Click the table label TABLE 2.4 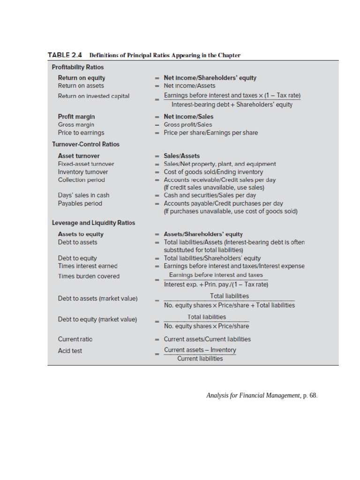(65, 55)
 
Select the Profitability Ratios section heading (78, 67)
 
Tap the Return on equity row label (82, 78)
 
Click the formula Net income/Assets (189, 86)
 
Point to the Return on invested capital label (94, 96)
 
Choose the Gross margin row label (76, 125)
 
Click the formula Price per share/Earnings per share (210, 133)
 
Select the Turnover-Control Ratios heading (86, 144)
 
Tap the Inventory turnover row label (83, 172)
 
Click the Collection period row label (81, 180)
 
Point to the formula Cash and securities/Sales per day (210, 195)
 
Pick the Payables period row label (80, 203)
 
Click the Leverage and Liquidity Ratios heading (93, 223)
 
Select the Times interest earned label (88, 266)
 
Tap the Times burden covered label (89, 276)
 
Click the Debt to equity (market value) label (97, 320)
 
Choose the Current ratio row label (72, 339)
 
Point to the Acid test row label (70, 351)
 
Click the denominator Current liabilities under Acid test (200, 359)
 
